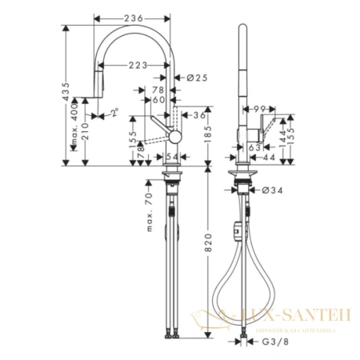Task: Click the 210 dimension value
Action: [85, 146]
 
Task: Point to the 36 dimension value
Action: [199, 115]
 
